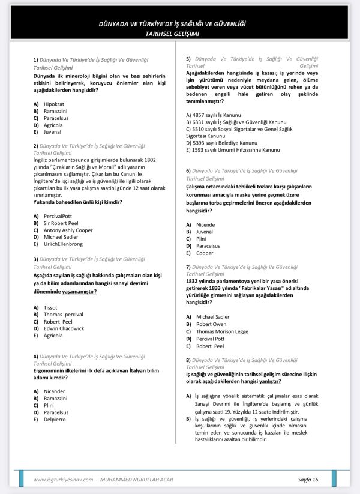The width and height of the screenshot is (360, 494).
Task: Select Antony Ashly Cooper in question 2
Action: tap(68, 230)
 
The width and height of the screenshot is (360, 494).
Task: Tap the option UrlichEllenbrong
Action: tap(63, 244)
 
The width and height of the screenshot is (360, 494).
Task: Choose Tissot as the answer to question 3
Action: tap(51, 307)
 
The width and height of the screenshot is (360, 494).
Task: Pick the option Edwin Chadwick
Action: tap(64, 328)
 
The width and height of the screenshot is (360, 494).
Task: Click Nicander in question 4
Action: tap(55, 391)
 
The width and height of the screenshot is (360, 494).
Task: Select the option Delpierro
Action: tap(55, 420)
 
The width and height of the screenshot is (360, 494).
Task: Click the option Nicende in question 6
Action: tap(205, 224)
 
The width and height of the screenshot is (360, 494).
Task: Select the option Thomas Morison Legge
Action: tap(222, 331)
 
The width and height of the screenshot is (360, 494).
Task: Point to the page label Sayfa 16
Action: tap(308, 479)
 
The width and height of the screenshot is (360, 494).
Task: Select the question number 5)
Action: tap(188, 59)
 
